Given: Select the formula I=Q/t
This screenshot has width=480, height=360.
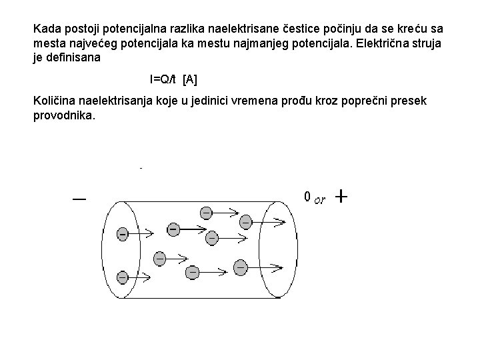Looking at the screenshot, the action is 164,80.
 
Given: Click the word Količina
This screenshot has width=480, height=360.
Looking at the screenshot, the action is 55,101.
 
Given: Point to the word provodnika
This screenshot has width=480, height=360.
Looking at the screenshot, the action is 63,115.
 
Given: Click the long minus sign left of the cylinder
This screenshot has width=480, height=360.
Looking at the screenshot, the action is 79,199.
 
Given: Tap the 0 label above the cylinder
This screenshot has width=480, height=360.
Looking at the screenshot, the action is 306,197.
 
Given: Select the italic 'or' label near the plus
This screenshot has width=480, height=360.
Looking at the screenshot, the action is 319,200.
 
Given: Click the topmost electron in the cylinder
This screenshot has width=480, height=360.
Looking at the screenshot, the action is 207,212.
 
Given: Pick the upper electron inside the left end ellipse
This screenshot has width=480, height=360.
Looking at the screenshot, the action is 122,234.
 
